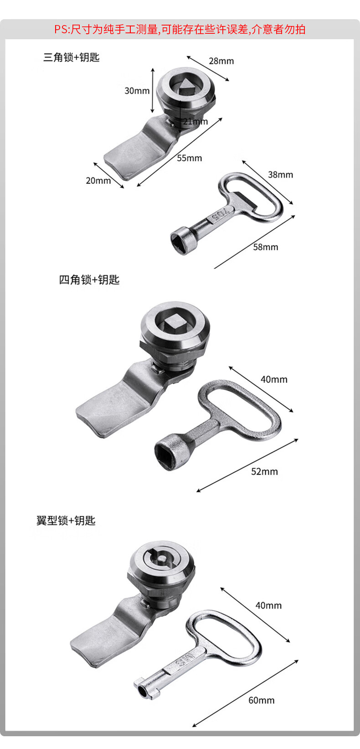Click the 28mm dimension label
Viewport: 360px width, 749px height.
[x=221, y=61]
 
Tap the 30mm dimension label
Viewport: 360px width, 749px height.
[x=137, y=91]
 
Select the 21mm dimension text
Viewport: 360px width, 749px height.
[x=195, y=121]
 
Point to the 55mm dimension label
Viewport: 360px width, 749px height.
[x=190, y=158]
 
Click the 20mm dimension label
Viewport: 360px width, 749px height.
[x=98, y=181]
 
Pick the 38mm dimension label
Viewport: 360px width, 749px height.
[x=280, y=175]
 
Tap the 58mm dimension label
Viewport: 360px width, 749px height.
[x=265, y=247]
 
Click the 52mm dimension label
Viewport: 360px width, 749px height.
[x=264, y=471]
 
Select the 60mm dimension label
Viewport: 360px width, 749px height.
[x=262, y=700]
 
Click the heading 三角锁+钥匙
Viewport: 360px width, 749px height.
[x=72, y=57]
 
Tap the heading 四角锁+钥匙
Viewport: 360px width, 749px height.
[x=89, y=279]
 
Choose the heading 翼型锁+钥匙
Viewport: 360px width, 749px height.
[x=66, y=520]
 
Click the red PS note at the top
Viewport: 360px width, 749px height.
[x=180, y=30]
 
